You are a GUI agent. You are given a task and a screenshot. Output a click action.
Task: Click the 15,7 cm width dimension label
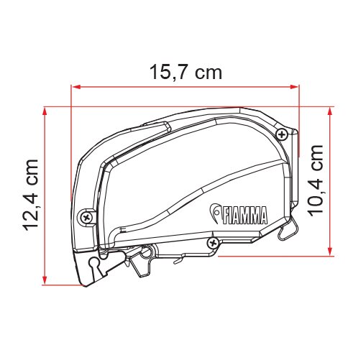[x=185, y=72]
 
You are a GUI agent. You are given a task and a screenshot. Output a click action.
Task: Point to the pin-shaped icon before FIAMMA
[x=214, y=212]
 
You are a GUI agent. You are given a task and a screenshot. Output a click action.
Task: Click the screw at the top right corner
[x=285, y=134]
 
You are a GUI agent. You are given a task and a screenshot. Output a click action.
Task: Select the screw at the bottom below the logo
[x=213, y=243]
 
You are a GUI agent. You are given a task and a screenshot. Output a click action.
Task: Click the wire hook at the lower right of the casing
[x=288, y=229]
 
